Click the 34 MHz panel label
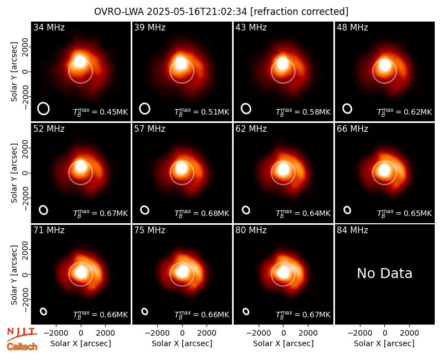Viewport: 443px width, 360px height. [49, 27]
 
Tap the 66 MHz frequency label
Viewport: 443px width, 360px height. [352, 129]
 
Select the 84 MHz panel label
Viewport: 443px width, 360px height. [352, 230]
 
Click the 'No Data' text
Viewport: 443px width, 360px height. [384, 273]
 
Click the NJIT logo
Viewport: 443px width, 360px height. [22, 333]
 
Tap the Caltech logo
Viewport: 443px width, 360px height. [22, 347]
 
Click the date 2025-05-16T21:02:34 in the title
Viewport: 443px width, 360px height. [197, 12]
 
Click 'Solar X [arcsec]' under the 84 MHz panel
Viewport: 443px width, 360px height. [384, 343]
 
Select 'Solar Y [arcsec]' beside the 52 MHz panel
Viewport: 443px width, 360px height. [14, 173]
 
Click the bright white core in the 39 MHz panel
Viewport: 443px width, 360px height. [181, 63]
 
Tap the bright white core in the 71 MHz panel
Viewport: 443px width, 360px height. [81, 272]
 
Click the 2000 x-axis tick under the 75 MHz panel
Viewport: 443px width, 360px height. [207, 333]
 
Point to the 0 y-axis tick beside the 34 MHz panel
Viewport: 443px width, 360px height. [25, 71]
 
